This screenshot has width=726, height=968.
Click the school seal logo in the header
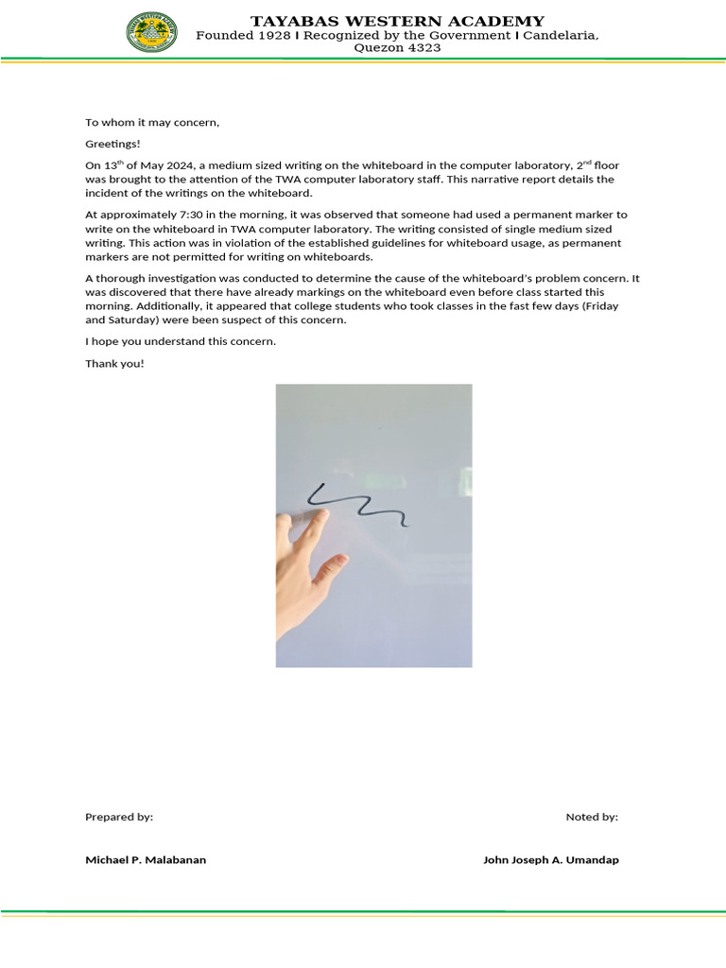tap(151, 31)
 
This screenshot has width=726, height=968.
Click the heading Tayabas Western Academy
tap(397, 21)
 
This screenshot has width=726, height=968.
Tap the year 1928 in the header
tap(274, 35)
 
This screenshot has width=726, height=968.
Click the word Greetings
tap(112, 144)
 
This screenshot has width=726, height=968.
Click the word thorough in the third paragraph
tap(120, 278)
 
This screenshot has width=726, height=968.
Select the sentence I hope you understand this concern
tap(181, 341)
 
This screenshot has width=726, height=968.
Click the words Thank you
tap(114, 363)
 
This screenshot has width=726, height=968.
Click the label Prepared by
tap(119, 817)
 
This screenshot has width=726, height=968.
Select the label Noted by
tap(592, 817)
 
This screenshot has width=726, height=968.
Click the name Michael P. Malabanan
tap(146, 860)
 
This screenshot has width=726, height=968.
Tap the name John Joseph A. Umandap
tap(551, 860)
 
